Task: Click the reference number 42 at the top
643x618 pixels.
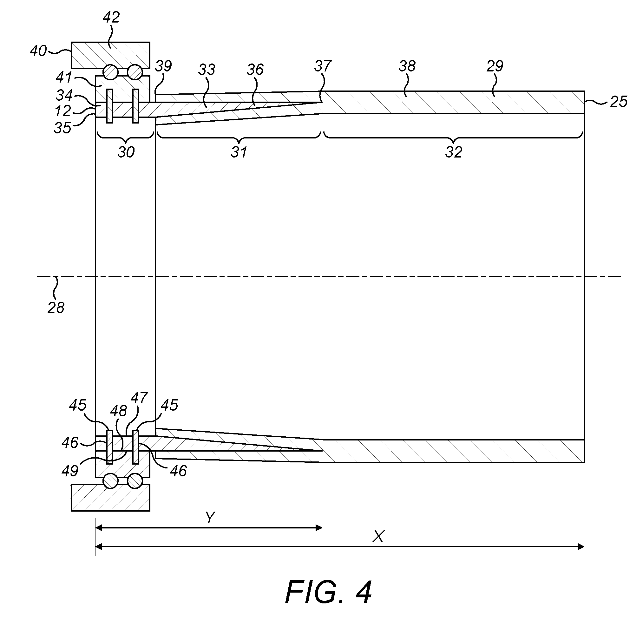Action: coord(111,17)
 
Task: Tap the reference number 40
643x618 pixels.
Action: coord(38,51)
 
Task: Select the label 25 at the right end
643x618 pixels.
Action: coord(619,102)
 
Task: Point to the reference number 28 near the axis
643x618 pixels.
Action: coord(56,308)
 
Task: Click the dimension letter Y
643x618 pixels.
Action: coord(210,518)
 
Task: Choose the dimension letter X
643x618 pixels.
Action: coord(378,537)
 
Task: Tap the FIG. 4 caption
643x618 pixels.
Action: coord(328,592)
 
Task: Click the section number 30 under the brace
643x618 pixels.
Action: coord(126,152)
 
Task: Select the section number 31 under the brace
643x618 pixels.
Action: coord(239,152)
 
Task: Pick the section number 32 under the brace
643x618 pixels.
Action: coord(454,152)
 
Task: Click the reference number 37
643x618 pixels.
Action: coord(323,66)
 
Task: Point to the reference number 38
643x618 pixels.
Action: coord(407,66)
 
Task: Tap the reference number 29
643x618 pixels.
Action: coord(495,66)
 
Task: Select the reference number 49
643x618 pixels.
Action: coord(70,471)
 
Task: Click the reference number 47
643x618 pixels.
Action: coord(139,398)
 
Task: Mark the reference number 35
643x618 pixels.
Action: coord(63,128)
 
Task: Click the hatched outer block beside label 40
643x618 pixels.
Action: coord(111,55)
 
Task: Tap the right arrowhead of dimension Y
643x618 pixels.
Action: coord(318,528)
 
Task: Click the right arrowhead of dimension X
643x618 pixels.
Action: coord(581,547)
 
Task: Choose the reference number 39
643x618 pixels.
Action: coord(163,66)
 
